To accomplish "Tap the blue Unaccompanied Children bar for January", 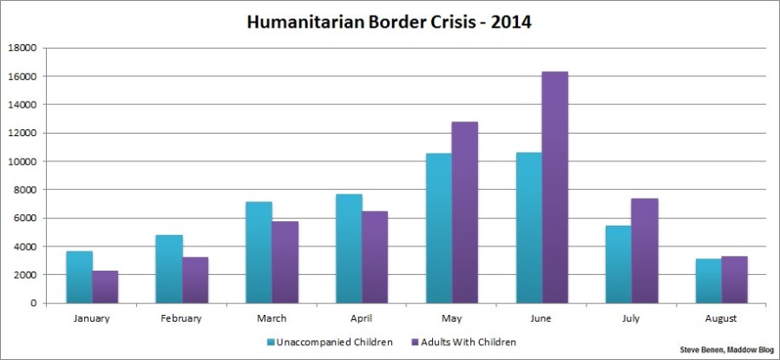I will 79,277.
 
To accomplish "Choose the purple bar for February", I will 195,279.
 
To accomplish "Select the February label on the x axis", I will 182,318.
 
